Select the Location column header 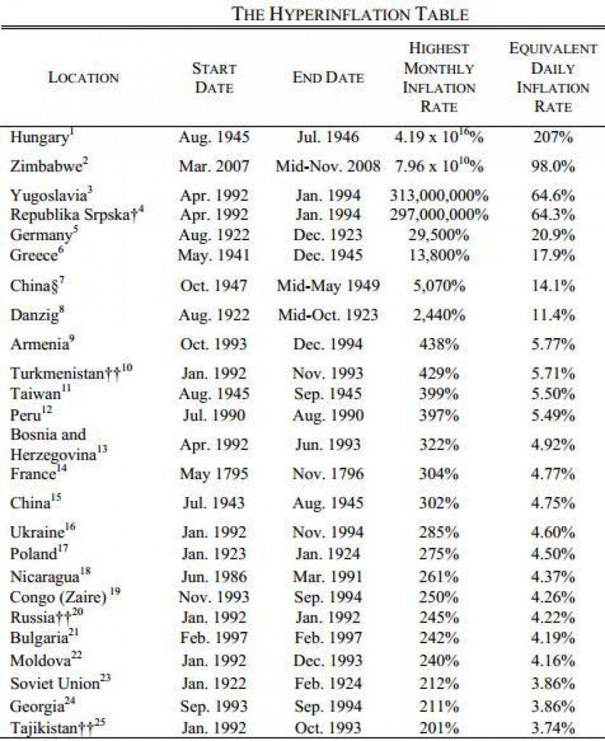tap(83, 78)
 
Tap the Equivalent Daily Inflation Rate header tap(553, 77)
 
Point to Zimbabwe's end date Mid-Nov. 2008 tap(329, 166)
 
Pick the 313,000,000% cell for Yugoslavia tap(439, 196)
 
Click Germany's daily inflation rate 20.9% tap(554, 234)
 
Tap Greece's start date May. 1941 tap(214, 255)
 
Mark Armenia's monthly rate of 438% tap(439, 344)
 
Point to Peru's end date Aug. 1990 tap(329, 414)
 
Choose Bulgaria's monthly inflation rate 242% tap(439, 639)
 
